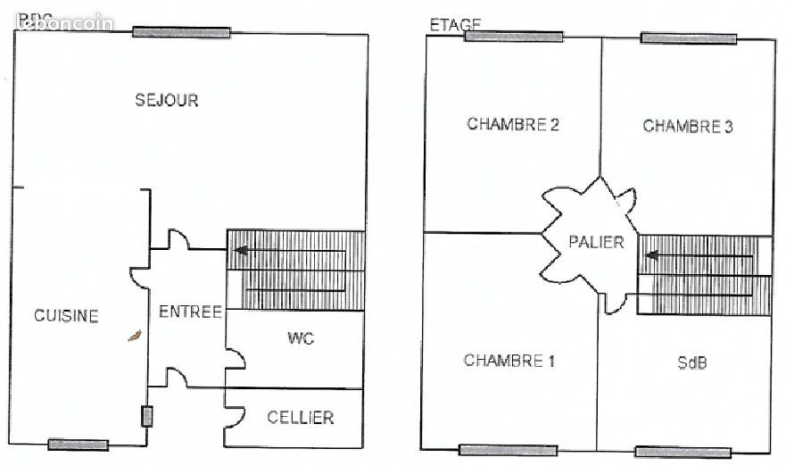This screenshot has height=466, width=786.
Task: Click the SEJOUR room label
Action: [167, 100]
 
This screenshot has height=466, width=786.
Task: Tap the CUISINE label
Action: [66, 315]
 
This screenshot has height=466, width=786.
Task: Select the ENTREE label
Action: [190, 312]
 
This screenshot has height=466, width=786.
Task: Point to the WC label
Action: [301, 338]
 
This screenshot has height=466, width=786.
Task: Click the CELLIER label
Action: [301, 417]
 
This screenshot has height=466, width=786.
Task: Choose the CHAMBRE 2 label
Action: [513, 125]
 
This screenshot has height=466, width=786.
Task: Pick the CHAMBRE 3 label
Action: [688, 126]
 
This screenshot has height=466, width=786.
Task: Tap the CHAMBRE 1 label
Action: [509, 361]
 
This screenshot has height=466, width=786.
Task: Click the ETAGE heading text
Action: [456, 25]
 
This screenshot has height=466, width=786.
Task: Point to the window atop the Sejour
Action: [182, 32]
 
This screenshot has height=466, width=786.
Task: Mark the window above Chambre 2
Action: [513, 37]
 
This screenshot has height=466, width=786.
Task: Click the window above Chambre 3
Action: [689, 38]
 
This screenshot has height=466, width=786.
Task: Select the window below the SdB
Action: [682, 452]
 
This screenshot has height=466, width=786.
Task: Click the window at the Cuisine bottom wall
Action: [79, 445]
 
